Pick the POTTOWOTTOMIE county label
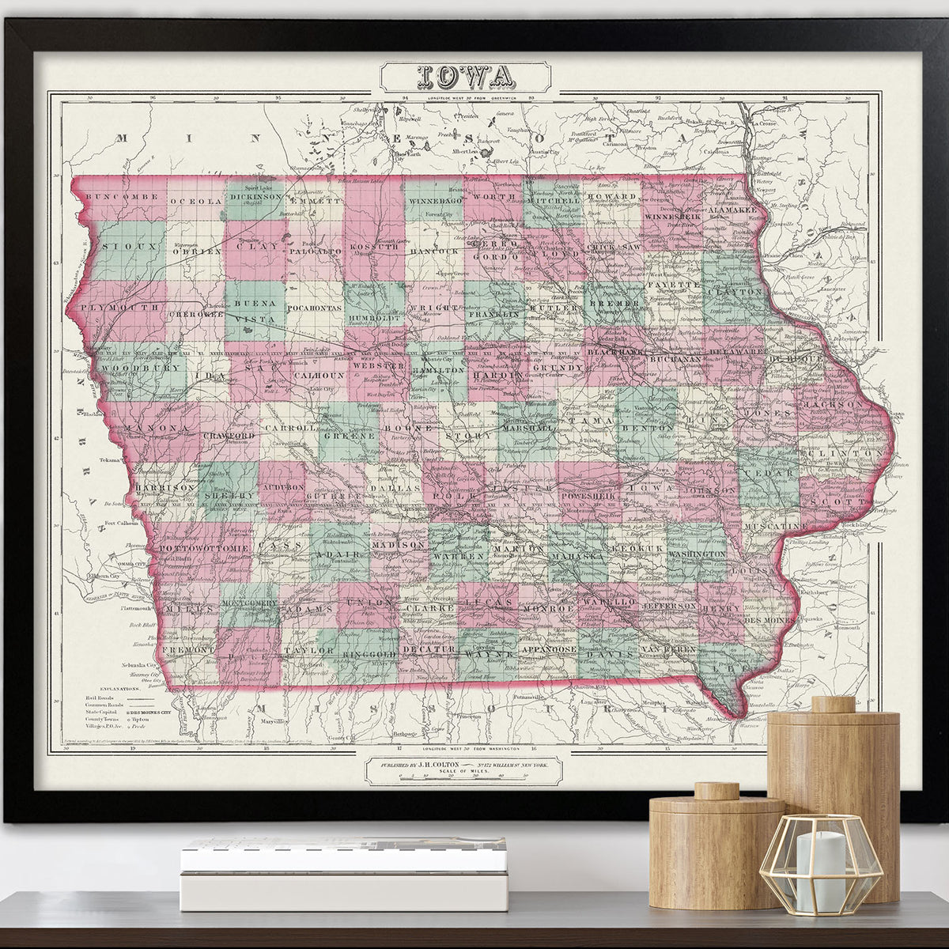click(x=205, y=547)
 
